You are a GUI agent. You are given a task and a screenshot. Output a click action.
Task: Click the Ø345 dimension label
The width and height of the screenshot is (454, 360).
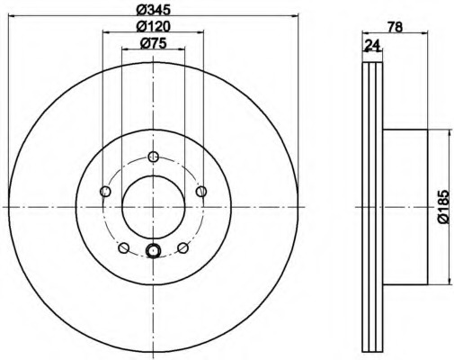153,10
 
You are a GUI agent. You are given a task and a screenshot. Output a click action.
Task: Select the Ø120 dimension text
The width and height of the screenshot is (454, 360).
153,27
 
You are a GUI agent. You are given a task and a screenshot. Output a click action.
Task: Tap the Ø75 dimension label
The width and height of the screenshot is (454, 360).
153,44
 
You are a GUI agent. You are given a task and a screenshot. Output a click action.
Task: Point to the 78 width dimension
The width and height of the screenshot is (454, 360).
395,27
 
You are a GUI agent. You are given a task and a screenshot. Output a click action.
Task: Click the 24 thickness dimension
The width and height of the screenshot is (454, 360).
372,45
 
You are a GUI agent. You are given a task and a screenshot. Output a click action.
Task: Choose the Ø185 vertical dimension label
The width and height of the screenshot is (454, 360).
444,206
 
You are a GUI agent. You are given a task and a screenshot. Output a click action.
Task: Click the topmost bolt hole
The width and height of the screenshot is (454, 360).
154,156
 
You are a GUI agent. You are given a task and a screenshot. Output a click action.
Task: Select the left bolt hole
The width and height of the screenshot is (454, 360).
105,191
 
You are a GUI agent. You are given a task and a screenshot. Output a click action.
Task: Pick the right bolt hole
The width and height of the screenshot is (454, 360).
201,191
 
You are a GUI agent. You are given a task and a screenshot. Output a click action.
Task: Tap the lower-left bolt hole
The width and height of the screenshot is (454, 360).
124,248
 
